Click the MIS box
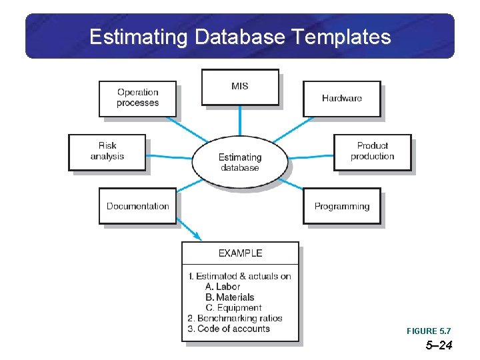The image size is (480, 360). coord(240,87)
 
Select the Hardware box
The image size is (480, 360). coord(342,99)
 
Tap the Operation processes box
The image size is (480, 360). coord(138,98)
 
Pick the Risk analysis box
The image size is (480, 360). coord(107,151)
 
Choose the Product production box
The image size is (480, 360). coord(373,151)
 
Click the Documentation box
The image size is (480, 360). coord(138,206)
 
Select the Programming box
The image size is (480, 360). coord(342,206)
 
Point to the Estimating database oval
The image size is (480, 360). coord(240,162)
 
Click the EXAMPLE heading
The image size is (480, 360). coord(241,253)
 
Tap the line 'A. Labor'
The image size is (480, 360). coord(223,287)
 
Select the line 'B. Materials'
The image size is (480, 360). coord(230,297)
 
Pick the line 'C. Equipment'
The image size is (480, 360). coord(233,308)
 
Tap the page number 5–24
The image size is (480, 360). coord(439,345)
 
